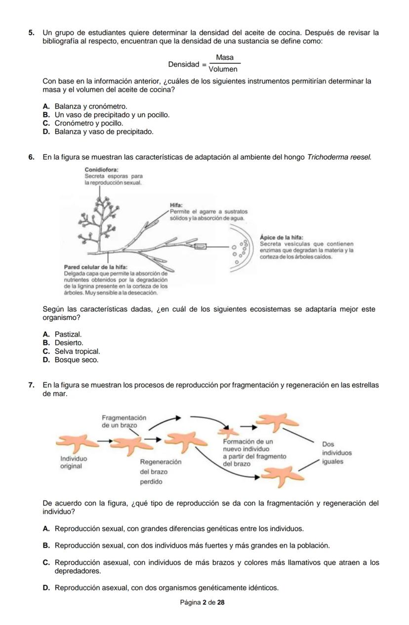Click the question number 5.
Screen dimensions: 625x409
[31, 33]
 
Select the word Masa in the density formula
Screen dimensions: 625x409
[225, 58]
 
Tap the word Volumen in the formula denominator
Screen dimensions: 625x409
[225, 70]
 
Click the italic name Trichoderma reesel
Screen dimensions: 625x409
[339, 157]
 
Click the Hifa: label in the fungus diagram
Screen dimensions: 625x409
[176, 204]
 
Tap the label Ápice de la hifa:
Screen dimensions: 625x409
[281, 237]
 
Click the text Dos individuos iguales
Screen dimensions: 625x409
[336, 453]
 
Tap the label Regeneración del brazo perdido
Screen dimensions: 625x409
[161, 471]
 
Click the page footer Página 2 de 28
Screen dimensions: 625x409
[203, 603]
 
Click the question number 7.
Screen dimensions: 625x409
[31, 385]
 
